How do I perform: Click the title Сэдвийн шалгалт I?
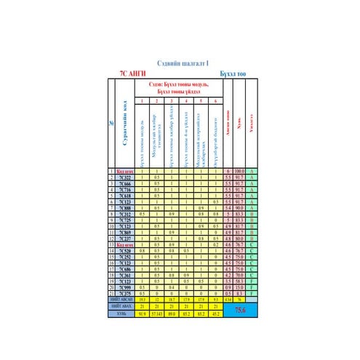click(182, 64)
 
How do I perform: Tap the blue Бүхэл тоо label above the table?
click(233, 73)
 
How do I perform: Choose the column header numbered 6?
click(216, 100)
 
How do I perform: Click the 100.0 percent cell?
click(239, 171)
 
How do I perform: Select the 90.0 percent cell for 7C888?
click(239, 208)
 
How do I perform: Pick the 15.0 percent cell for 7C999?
click(239, 287)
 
